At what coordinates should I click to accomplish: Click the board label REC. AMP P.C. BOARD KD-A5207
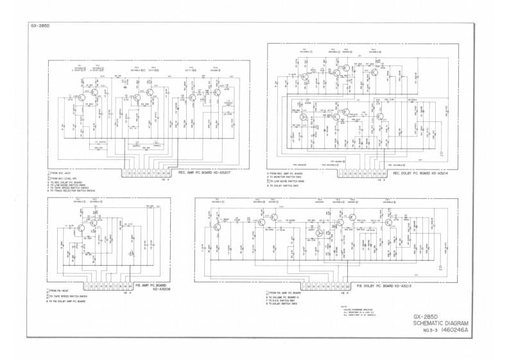click(202, 172)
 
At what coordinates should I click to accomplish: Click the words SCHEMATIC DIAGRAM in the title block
click(443, 324)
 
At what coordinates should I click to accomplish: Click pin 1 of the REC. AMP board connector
click(123, 172)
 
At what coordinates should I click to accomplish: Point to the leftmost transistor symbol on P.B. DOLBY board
click(217, 226)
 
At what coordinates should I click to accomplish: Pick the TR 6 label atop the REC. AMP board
click(215, 67)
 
